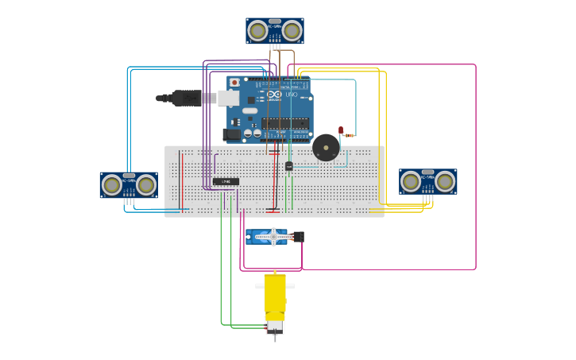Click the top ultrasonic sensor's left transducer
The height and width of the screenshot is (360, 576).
tap(257, 31)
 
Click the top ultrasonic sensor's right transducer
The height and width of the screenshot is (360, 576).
tap(292, 31)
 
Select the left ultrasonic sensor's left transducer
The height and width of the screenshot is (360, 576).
tap(112, 185)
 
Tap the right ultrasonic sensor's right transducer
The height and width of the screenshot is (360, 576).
tap(445, 182)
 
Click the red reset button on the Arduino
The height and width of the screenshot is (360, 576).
tap(234, 83)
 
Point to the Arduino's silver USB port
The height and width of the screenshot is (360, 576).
tap(228, 98)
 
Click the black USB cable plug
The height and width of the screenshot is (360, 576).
tap(187, 98)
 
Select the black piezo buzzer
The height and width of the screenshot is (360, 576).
tap(326, 147)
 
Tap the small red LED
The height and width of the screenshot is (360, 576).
tap(341, 130)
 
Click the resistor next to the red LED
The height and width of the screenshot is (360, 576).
tap(349, 136)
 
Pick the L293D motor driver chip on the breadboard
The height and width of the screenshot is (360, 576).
tap(226, 181)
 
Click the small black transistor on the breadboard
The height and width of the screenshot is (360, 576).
tap(289, 165)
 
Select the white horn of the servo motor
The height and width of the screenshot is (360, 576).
tap(273, 236)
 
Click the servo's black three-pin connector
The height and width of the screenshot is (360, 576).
tap(298, 236)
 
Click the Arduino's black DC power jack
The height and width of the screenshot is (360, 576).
tap(232, 134)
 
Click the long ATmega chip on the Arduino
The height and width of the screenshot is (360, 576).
tap(285, 122)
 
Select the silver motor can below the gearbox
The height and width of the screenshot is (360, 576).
tap(275, 326)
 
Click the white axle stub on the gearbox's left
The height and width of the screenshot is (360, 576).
tap(259, 286)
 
